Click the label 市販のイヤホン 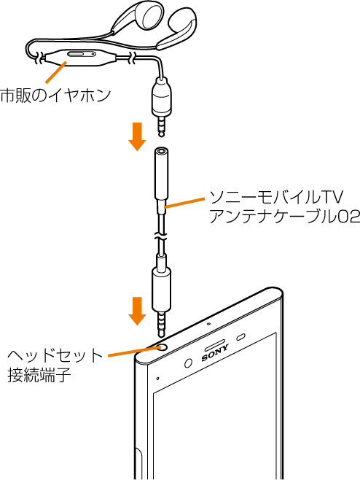coord(55,96)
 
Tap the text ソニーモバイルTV coord(276,198)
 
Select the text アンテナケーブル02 coord(284,217)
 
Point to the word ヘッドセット coord(55,356)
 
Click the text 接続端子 coord(39,375)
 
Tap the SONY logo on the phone coord(215,352)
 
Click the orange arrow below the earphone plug coord(137,136)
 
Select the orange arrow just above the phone coord(137,311)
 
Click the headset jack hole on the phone coord(163,347)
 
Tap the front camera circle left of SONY coord(189,363)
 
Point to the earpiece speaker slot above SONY coord(215,345)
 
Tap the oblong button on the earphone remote coord(77,54)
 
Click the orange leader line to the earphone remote coord(55,72)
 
